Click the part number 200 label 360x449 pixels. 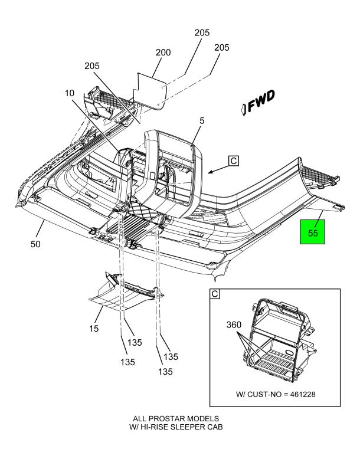pyautogui.click(x=163, y=53)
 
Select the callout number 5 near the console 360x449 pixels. pyautogui.click(x=201, y=121)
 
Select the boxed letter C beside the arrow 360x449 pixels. pyautogui.click(x=233, y=160)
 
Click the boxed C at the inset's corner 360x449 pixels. pyautogui.click(x=214, y=294)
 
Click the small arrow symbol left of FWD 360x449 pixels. pyautogui.click(x=244, y=107)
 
